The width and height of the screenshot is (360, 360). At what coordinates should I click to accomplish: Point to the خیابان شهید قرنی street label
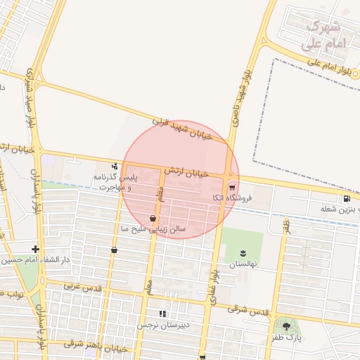[181, 129]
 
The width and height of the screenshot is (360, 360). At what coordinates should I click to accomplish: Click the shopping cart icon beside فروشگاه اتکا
[232, 186]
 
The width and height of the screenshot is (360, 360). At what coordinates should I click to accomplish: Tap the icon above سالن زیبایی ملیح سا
[153, 218]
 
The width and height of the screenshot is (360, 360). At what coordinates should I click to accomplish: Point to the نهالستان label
[243, 264]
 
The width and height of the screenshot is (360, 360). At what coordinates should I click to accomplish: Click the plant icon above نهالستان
[243, 253]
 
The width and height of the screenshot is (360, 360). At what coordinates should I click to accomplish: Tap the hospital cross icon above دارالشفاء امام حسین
[35, 248]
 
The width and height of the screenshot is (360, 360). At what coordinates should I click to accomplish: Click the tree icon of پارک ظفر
[285, 326]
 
